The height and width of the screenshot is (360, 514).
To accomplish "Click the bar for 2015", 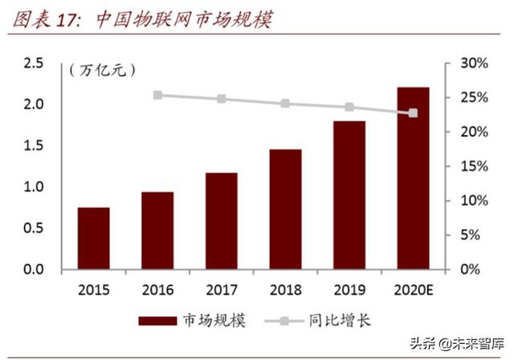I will point(94,238).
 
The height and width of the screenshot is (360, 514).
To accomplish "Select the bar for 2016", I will point(157,230).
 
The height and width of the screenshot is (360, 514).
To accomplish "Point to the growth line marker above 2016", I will point(157,95).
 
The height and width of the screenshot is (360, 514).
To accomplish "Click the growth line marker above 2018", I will point(285,104).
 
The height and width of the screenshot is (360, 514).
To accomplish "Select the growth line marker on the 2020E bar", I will point(413,113).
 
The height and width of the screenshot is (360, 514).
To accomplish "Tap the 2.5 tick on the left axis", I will point(33,63).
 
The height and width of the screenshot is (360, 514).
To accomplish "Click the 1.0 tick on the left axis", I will point(33,186).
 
